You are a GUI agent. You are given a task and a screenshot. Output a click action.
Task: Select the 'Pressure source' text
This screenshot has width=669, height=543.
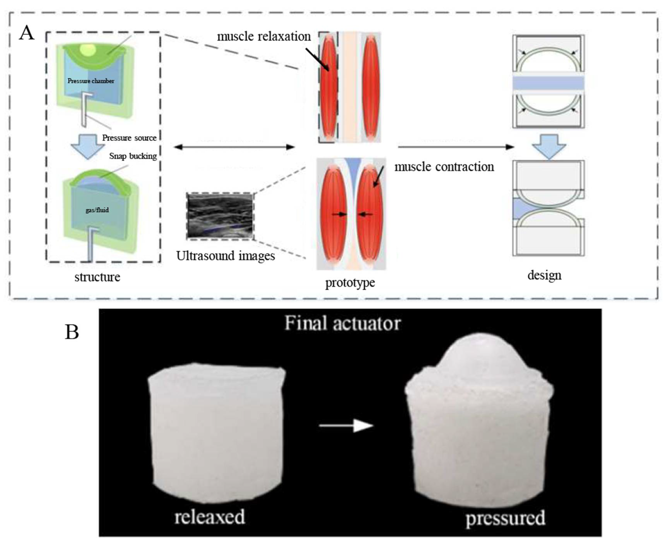pos(129,138)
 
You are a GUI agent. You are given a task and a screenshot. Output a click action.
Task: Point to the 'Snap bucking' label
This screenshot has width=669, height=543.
pos(133,156)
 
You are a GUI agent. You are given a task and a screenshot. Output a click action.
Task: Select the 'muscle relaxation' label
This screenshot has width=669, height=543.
pos(264,37)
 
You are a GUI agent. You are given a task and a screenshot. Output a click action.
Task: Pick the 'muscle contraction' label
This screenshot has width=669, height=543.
pos(444,167)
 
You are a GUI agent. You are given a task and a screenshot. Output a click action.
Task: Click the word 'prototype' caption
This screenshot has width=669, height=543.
pos(350,283)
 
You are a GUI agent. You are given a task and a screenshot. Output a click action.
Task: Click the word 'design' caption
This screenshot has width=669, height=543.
pos(544,275)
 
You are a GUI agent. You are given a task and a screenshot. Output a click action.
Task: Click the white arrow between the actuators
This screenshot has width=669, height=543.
pos(346,425)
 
